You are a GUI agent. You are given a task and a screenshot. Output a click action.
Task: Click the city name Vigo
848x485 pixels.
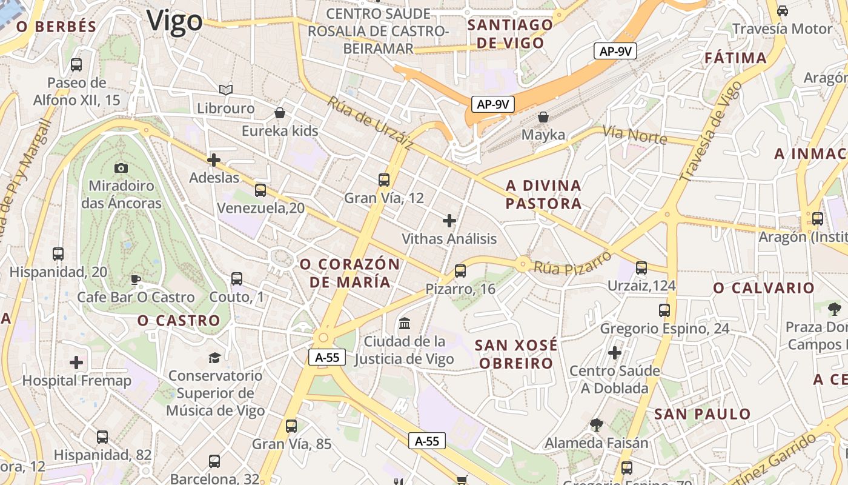tap(174, 21)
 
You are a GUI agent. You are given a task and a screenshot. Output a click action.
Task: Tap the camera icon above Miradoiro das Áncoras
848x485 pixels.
tap(121, 168)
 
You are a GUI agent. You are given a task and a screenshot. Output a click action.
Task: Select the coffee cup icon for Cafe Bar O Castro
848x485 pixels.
tap(136, 279)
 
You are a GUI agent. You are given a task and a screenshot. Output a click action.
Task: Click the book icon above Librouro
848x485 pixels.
tap(226, 90)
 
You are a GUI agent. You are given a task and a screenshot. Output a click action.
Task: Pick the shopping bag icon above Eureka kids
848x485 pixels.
tap(280, 113)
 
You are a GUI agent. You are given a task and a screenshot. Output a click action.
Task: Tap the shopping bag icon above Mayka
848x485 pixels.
tap(543, 116)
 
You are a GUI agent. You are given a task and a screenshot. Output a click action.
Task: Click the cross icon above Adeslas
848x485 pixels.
tap(214, 160)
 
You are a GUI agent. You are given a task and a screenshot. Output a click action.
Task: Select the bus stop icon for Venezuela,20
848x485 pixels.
tap(260, 190)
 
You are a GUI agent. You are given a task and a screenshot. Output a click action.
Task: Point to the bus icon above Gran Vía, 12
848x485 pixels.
tap(384, 180)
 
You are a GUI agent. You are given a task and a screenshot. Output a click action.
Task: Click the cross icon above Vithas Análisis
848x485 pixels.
tap(449, 221)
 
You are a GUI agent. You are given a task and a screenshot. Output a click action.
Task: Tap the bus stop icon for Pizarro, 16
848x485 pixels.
tap(460, 271)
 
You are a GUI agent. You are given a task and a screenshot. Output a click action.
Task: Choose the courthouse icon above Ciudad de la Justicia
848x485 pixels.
tap(405, 323)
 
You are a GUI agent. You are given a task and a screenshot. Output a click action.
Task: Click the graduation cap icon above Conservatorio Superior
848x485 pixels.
tap(215, 358)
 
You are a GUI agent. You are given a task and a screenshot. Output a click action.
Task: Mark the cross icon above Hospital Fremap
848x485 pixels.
tap(76, 363)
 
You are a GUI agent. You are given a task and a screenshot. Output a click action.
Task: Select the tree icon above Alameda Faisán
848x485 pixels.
tap(597, 425)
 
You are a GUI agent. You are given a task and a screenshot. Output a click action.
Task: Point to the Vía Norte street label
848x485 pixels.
tap(634, 135)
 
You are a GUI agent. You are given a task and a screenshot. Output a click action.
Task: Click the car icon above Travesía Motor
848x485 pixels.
tap(783, 10)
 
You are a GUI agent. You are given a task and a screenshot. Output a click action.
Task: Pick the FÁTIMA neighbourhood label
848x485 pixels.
tap(736, 58)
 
